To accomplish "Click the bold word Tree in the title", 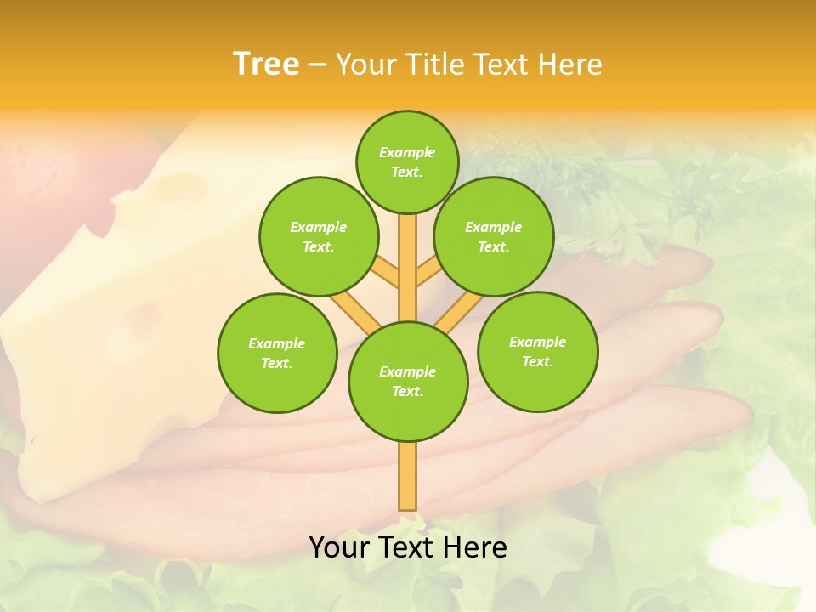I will (266, 64).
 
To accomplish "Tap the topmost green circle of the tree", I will (407, 161).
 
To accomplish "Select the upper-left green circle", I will (318, 236).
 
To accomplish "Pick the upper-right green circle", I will (494, 236).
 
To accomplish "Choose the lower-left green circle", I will (277, 353).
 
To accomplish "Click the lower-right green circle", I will (537, 351).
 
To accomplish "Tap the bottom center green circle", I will (408, 381).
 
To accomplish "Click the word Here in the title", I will (570, 64).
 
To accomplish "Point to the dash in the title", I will (317, 65).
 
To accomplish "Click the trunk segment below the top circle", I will (408, 255).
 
